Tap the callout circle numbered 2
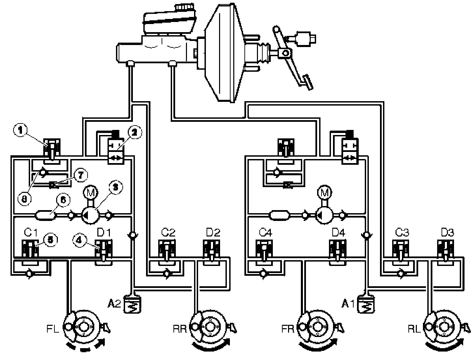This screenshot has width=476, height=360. (134, 133)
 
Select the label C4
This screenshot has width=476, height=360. (265, 233)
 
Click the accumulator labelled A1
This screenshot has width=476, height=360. (366, 304)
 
